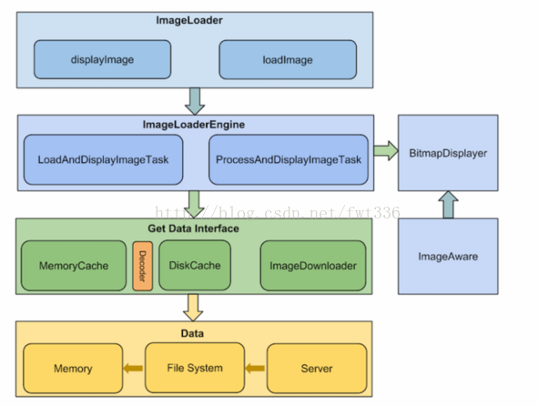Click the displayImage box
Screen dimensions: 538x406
[x=102, y=59]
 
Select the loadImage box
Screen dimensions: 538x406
[x=288, y=60]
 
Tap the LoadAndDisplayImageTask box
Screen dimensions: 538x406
[x=103, y=159]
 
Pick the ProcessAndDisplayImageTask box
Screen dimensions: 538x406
[x=289, y=159]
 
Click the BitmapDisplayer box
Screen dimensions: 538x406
[x=448, y=153]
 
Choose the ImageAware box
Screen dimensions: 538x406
[x=448, y=257]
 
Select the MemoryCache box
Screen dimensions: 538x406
[x=74, y=266]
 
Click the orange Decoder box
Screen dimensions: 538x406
[x=142, y=266]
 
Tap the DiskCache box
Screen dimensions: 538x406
[x=195, y=265]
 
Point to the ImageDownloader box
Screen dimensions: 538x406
[x=313, y=266]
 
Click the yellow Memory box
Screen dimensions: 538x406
[x=73, y=369]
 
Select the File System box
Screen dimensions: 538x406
[x=195, y=368]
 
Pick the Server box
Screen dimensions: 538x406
[x=317, y=369]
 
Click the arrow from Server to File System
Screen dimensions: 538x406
[x=255, y=369]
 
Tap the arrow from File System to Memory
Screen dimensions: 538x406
[x=133, y=369]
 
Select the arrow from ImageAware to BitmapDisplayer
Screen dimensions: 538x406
[x=448, y=205]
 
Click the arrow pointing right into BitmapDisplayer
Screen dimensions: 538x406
[x=386, y=150]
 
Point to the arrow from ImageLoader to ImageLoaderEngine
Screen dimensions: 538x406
[x=195, y=101]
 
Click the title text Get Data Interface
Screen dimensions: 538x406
[x=193, y=228]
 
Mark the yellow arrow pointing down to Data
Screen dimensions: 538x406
[x=193, y=308]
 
